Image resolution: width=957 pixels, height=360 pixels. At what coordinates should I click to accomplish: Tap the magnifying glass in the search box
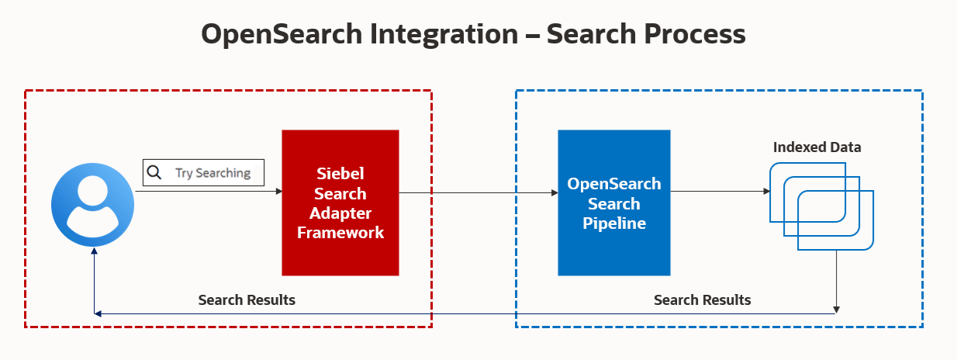click(154, 172)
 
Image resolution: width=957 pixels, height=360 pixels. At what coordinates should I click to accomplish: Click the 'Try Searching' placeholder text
click(212, 173)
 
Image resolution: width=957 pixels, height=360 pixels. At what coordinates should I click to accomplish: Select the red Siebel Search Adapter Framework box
click(340, 202)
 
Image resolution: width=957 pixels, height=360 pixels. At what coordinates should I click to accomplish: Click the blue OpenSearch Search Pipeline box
click(613, 202)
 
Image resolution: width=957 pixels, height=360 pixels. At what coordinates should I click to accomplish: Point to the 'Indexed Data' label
click(817, 147)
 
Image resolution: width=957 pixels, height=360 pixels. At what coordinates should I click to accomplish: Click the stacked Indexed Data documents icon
click(821, 206)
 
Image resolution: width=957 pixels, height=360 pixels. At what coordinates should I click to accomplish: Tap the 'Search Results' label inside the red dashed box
click(247, 299)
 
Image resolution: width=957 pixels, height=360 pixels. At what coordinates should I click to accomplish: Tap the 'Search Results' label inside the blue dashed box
click(702, 299)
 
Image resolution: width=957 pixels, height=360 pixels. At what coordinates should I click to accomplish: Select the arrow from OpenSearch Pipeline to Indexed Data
click(717, 192)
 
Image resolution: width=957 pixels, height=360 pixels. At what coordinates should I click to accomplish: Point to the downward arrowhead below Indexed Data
click(836, 308)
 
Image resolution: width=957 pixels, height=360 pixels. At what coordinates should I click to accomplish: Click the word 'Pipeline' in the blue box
click(613, 223)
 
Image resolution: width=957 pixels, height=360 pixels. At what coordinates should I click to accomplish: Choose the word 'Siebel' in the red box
click(340, 173)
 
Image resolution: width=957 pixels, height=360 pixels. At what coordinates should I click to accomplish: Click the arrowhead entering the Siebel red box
click(278, 192)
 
